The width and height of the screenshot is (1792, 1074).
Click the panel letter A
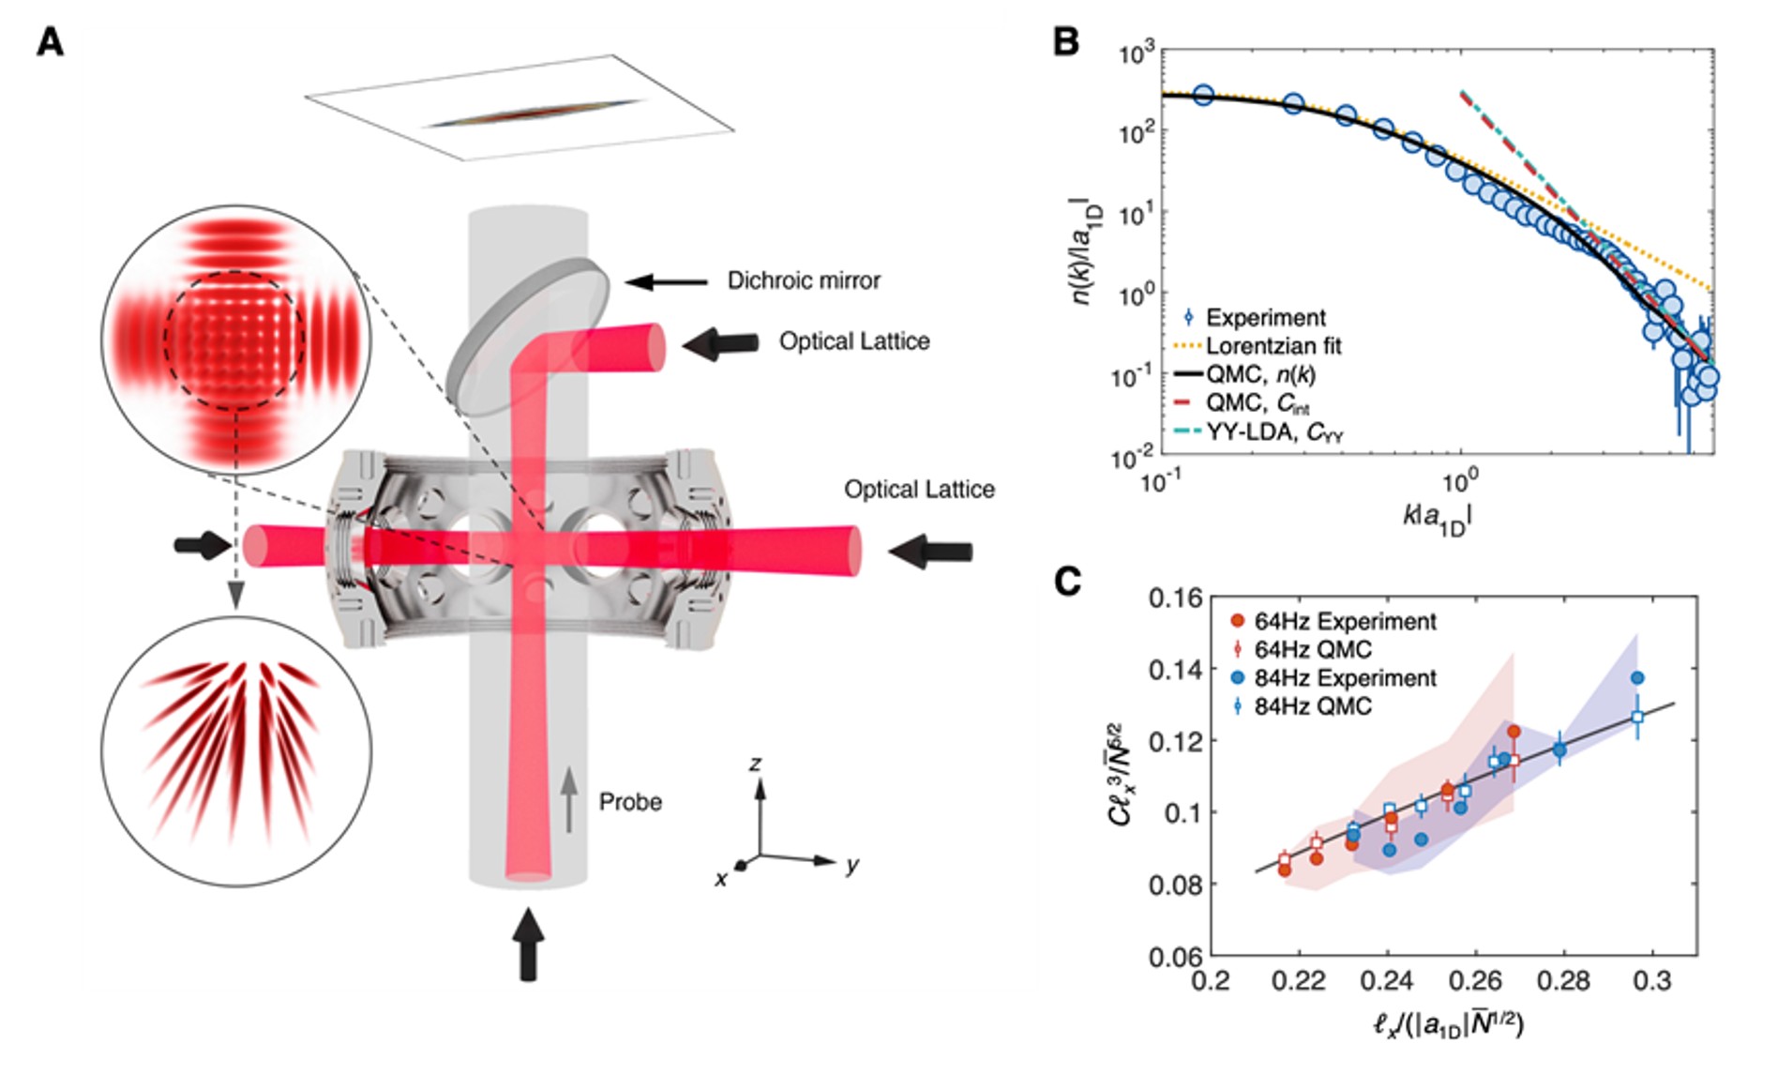tap(50, 42)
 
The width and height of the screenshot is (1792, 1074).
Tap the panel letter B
tap(1066, 42)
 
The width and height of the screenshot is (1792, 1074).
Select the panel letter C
tap(1067, 582)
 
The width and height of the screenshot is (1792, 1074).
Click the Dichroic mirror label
tap(804, 280)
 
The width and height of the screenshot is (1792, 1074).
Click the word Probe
tap(630, 802)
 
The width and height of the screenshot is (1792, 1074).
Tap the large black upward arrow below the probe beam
tap(528, 944)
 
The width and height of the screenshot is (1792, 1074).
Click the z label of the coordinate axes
tap(755, 764)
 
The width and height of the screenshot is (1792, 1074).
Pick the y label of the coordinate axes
tap(851, 865)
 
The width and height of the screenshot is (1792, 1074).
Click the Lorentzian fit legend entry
tap(1272, 346)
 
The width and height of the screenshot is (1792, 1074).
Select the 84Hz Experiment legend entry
tap(1345, 677)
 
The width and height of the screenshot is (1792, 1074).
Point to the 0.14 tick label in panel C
tap(1175, 669)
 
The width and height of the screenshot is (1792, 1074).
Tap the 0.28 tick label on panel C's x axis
tap(1563, 981)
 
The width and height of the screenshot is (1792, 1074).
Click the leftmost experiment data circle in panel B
tap(1203, 95)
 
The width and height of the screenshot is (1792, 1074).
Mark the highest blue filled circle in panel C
tap(1637, 677)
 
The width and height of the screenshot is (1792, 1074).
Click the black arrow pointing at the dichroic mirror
tap(667, 281)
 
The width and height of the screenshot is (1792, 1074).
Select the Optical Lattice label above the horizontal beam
tap(919, 489)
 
